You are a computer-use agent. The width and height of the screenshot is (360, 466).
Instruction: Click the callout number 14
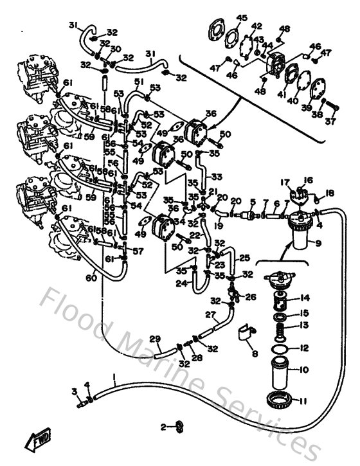tap(305, 298)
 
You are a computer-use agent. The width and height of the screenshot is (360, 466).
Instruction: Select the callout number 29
tap(154, 339)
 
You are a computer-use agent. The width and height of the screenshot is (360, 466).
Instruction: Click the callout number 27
tap(210, 315)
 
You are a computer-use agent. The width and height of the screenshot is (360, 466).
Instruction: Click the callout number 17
tap(284, 182)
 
